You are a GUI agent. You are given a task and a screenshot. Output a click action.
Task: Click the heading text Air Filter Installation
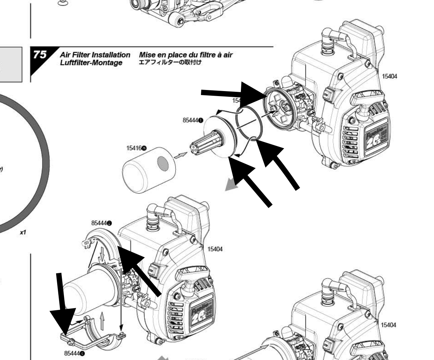coord(95,55)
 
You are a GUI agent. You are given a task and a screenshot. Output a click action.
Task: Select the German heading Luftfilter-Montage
coord(91,62)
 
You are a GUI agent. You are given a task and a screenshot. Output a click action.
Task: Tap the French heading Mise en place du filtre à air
coord(186,55)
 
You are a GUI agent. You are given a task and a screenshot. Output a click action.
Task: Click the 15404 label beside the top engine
coord(389,76)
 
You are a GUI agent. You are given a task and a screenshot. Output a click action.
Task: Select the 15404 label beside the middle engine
coord(215,249)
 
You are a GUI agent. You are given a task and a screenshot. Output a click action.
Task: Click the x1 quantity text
coord(23,232)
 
